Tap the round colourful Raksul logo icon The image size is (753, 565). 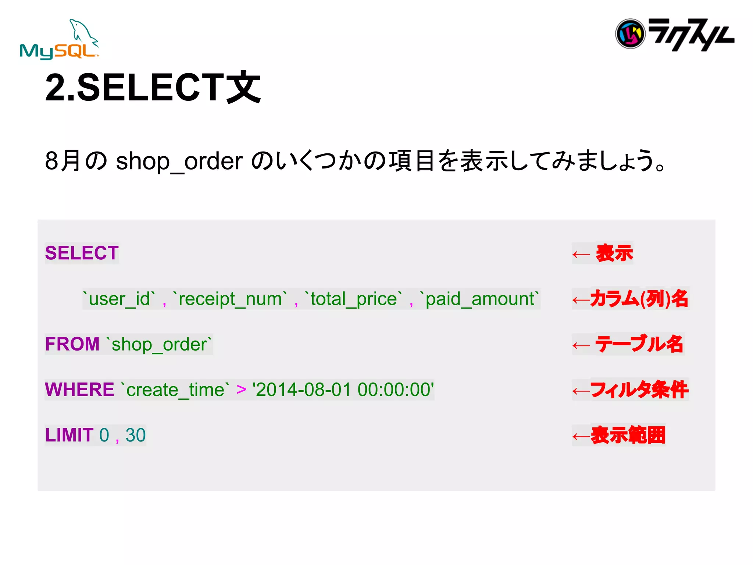coord(630,34)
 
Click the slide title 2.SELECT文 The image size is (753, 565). coord(153,88)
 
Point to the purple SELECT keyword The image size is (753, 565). coord(82,253)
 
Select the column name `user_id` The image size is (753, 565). coord(119,299)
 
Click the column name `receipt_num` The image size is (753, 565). coord(230,299)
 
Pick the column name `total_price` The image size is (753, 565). coord(353,299)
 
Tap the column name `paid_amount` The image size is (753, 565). coord(479,299)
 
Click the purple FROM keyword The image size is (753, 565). coord(72,344)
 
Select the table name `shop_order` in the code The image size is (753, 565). coord(159,344)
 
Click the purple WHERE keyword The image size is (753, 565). coord(79,390)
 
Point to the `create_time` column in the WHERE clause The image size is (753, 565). coord(175,390)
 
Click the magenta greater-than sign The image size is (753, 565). coord(241,389)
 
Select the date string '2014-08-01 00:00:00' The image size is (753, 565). coord(343,390)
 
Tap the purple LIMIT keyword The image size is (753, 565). coord(69,435)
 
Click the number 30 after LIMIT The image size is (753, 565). coord(135,435)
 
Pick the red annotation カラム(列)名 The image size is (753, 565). coord(639,298)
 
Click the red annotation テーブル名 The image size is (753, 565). coord(639,344)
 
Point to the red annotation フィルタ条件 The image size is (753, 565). coord(639,390)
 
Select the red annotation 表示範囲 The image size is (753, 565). coord(628,435)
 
